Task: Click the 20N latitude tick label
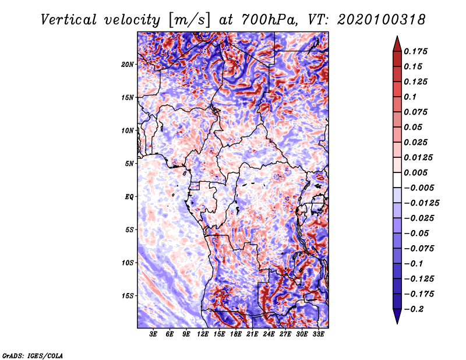pos(128,65)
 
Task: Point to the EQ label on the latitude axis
pos(129,197)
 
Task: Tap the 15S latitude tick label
pos(128,296)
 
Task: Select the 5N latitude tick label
pos(129,164)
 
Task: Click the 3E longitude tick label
pos(153,334)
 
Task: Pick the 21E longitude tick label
pos(252,334)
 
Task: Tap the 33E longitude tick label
pos(318,334)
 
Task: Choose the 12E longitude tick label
pos(203,334)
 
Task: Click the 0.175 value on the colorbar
pos(415,51)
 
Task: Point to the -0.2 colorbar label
pos(414,309)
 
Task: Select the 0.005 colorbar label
pos(415,172)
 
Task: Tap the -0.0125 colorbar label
pos(421,203)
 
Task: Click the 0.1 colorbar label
pos(410,97)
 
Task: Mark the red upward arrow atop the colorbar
pos(397,44)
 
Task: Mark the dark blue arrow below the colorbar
pos(397,316)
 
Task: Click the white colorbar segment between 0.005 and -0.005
pos(397,180)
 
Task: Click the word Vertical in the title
pos(69,20)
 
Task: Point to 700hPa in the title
pos(270,20)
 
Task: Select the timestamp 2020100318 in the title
pos(382,20)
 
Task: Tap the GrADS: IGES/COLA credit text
pos(33,355)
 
